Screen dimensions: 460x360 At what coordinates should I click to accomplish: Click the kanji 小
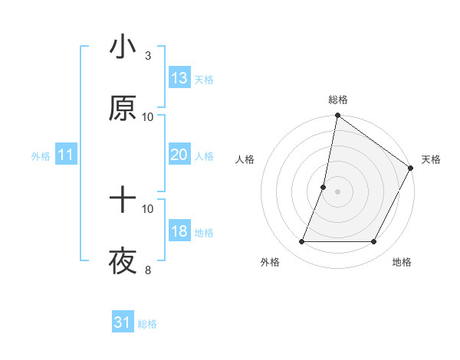click(123, 47)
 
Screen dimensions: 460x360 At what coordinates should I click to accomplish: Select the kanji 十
click(123, 201)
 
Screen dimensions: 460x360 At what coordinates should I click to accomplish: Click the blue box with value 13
click(179, 78)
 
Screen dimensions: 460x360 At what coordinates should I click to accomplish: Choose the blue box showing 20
click(179, 155)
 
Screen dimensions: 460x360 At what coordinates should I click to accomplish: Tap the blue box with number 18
click(179, 232)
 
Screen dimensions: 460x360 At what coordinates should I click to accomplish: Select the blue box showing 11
click(66, 155)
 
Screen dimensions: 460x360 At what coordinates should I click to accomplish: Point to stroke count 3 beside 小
click(148, 55)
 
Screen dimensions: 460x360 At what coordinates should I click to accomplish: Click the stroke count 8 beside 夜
click(148, 270)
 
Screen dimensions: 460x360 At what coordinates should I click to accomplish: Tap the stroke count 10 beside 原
click(148, 116)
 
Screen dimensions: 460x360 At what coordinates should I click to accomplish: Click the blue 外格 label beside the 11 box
click(41, 156)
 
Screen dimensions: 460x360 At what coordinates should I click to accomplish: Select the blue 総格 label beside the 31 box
click(147, 324)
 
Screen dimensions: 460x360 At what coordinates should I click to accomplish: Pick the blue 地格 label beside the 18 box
click(204, 233)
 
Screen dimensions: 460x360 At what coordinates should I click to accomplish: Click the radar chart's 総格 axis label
click(338, 100)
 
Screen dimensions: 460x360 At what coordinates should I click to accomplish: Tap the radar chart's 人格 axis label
click(245, 159)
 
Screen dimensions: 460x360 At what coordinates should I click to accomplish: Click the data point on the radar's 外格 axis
click(302, 242)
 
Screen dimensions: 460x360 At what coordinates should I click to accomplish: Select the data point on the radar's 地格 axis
click(374, 242)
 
